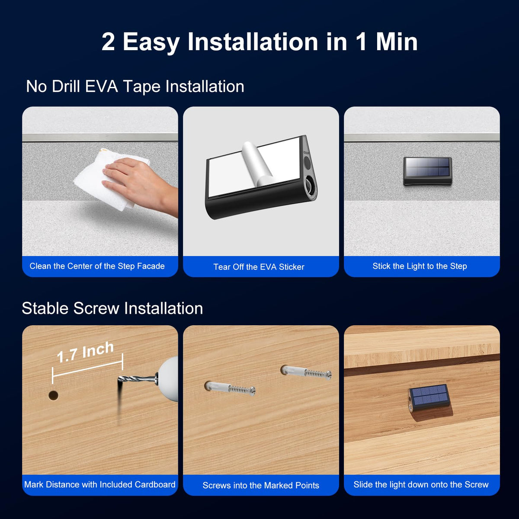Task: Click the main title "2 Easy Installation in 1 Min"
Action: pyautogui.click(x=259, y=42)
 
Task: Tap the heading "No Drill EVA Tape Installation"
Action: pyautogui.click(x=135, y=87)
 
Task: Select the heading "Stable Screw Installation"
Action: pyautogui.click(x=112, y=308)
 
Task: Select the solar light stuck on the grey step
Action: pyautogui.click(x=427, y=171)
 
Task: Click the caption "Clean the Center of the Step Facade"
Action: pyautogui.click(x=97, y=266)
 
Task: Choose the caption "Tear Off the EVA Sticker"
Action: pyautogui.click(x=259, y=267)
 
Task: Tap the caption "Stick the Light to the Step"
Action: pyautogui.click(x=420, y=266)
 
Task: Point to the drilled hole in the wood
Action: pyautogui.click(x=53, y=395)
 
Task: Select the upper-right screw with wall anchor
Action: pyautogui.click(x=306, y=372)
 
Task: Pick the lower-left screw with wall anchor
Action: pyautogui.click(x=230, y=388)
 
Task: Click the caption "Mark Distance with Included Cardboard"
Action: pyautogui.click(x=99, y=484)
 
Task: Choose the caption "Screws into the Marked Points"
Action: pyautogui.click(x=261, y=485)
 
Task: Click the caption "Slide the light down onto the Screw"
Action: pyautogui.click(x=421, y=484)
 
